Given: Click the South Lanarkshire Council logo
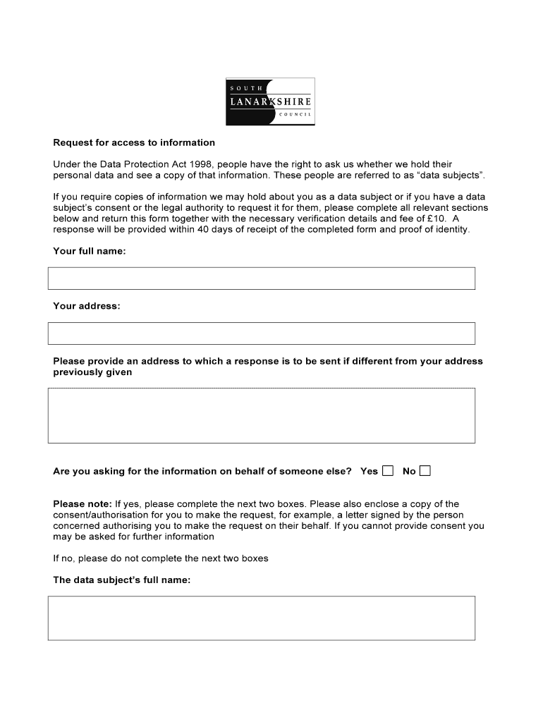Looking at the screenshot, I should [270, 102].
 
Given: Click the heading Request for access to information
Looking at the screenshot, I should [134, 142].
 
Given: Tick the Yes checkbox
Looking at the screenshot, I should [388, 471].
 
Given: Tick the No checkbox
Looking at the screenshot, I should [425, 471].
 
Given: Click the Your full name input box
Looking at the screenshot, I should [261, 279].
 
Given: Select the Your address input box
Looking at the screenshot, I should [261, 334].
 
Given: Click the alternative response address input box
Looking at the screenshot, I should [261, 415].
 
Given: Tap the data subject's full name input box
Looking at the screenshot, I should [261, 618].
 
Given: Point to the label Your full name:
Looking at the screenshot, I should [90, 251].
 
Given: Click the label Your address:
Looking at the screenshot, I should [87, 306].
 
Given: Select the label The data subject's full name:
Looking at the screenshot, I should [122, 580].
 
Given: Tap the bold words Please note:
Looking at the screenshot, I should [83, 504].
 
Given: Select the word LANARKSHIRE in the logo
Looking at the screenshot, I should [270, 102].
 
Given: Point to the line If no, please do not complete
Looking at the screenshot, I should [161, 558].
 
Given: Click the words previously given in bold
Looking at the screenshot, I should [92, 372].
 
